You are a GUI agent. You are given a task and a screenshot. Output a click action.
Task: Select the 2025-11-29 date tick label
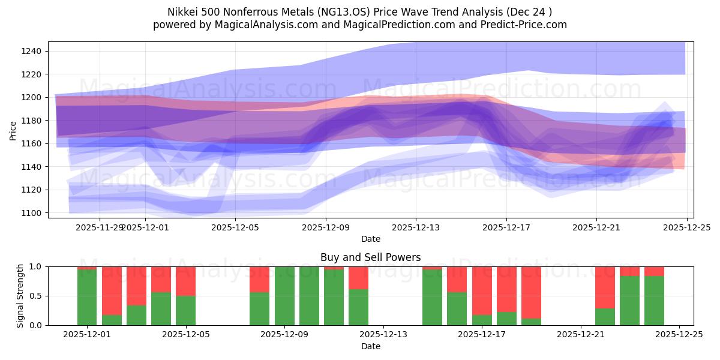[x=100, y=227]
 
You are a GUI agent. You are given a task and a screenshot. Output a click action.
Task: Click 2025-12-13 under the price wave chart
[x=416, y=227]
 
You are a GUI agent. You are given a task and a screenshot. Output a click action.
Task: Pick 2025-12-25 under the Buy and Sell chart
[x=679, y=334]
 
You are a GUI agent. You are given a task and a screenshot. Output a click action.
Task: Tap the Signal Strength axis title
[x=20, y=296]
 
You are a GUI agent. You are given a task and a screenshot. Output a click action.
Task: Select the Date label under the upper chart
[x=370, y=239]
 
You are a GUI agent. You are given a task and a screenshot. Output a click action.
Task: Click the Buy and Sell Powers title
[x=370, y=257]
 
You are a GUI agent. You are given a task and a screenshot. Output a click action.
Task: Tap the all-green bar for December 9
[x=284, y=296]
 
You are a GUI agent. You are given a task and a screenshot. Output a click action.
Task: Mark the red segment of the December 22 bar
[x=605, y=287]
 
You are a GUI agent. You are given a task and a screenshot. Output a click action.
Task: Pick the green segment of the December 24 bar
[x=654, y=300]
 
